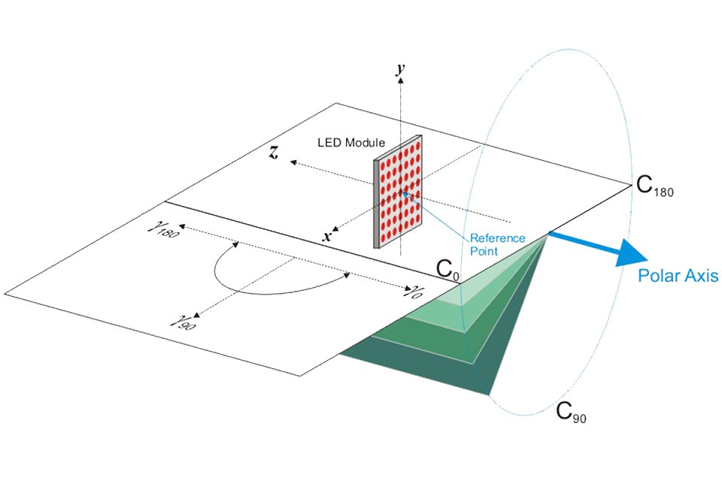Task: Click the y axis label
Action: coord(401,69)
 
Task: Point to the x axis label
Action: coord(327,236)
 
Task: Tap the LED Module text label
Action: coord(351,142)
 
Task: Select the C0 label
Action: coord(447,269)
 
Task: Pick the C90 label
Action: coord(571,412)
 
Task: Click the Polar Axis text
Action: coord(678,275)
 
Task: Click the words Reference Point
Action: coord(497,244)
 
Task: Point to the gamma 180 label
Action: coord(162,228)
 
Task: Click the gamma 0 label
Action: coord(412,291)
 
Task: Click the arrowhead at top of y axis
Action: coord(401,80)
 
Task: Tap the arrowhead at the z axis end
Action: coord(293,162)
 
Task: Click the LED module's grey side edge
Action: coord(376,204)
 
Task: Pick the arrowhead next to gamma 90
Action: coord(196,316)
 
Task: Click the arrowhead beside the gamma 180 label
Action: coord(182,226)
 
